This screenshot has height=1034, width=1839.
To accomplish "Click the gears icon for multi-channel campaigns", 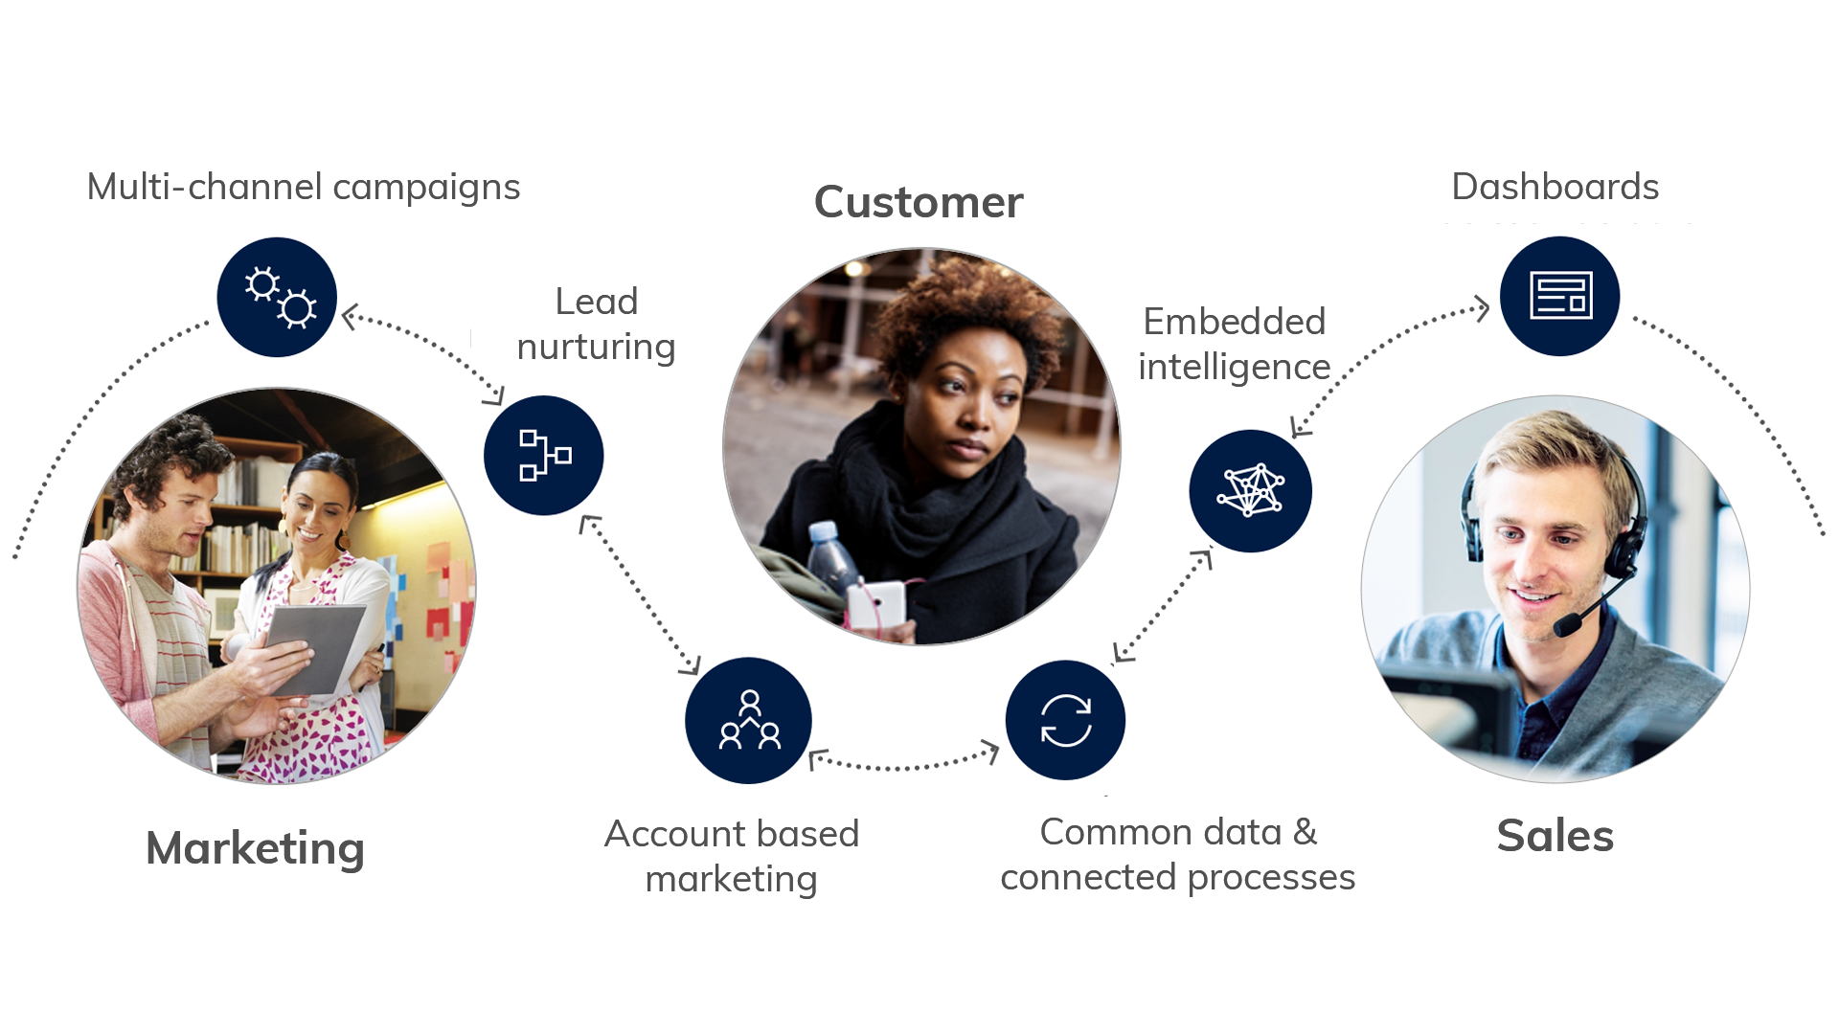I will click(277, 297).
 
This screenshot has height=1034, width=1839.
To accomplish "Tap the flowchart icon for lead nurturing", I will click(543, 455).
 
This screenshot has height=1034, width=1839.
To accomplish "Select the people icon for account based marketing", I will click(749, 720).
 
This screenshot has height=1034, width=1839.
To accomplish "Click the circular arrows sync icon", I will click(1065, 720).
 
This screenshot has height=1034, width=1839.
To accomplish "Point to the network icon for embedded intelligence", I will click(1250, 490).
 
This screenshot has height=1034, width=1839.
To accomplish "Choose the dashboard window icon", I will click(1560, 296).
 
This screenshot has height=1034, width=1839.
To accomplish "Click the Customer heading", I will click(919, 203).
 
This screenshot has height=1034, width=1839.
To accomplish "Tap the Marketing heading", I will click(255, 849).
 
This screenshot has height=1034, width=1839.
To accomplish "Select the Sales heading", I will click(1555, 835).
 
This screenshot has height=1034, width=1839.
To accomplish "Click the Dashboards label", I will click(1555, 186).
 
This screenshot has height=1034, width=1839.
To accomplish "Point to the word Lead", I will click(597, 303).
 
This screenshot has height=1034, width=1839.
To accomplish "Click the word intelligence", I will click(1235, 367).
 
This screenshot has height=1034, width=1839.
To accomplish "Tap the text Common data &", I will click(1178, 833).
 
